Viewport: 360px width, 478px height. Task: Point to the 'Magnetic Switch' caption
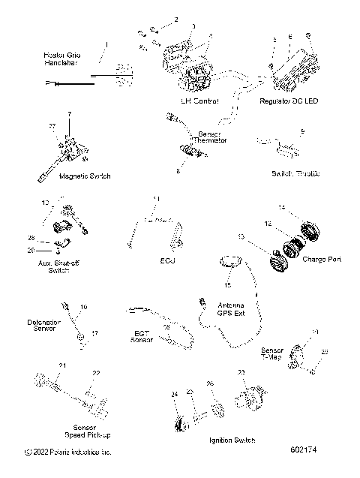(85, 176)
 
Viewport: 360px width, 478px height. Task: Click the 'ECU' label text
(167, 261)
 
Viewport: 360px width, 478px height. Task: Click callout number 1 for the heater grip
(106, 45)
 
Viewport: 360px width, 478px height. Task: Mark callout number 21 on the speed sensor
(63, 365)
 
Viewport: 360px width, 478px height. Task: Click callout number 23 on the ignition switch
(241, 372)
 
